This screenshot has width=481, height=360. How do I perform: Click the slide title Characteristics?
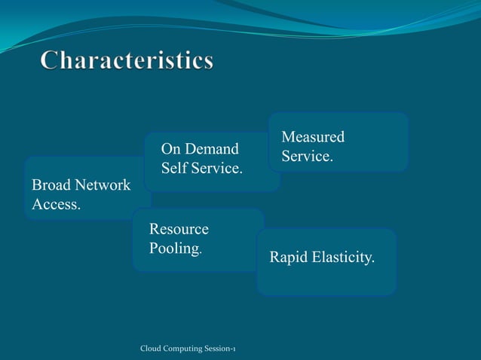tap(127, 61)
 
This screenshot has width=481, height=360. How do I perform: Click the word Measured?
tap(313, 137)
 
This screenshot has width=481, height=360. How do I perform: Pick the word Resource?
tap(179, 229)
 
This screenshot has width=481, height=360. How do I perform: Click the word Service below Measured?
tap(306, 157)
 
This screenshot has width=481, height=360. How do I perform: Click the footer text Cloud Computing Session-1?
tap(188, 348)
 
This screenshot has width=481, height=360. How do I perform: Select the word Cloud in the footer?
tap(152, 348)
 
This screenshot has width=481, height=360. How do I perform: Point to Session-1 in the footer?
tap(220, 348)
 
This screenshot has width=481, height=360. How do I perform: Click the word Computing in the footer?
tap(184, 348)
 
